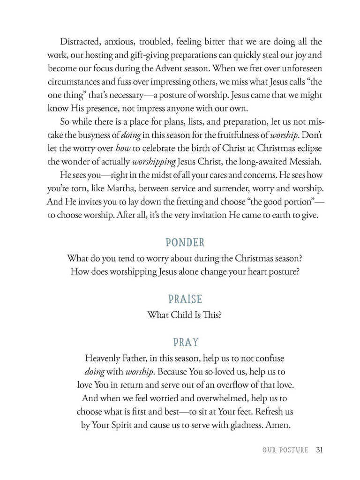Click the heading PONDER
(185, 242)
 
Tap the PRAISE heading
(185, 299)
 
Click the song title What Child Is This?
(184, 315)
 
